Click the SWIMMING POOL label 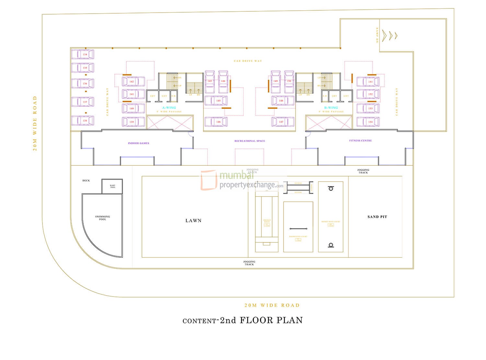pos(102,218)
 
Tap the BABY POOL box pos(112,186)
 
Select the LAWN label pos(193,220)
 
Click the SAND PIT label pos(377,217)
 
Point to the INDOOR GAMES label pos(138,143)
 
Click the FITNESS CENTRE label pos(360,141)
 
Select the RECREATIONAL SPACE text pos(249,141)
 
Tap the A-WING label pos(169,107)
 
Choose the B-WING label pos(331,107)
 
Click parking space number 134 pos(83,54)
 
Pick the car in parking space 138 pos(83,120)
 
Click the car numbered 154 pos(368,122)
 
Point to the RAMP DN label pos(377,35)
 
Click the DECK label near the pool pos(86,181)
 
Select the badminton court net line pos(298,229)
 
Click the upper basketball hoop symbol pos(330,188)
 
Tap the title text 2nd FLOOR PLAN pos(261,320)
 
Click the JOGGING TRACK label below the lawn pos(249,263)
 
